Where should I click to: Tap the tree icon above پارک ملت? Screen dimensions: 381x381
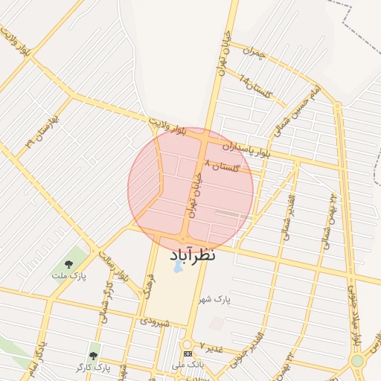(69, 264)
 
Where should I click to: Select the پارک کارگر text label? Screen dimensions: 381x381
(92, 368)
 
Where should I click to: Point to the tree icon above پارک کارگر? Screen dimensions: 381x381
(93, 356)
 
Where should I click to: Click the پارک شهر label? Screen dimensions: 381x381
(214, 299)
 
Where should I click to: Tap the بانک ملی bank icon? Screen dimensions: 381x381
(188, 353)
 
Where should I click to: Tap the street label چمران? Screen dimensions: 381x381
(257, 54)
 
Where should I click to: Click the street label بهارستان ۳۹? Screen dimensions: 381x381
(40, 131)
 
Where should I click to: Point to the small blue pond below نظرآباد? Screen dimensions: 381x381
(177, 266)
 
